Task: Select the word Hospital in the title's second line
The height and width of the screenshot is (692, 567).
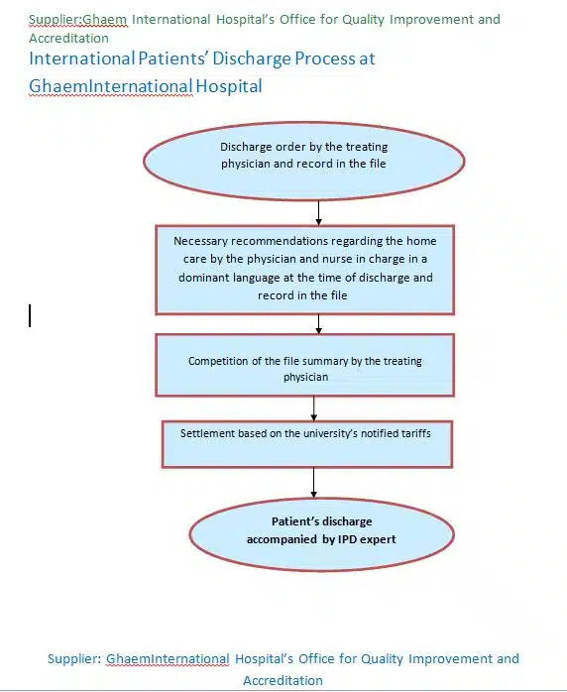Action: (x=229, y=86)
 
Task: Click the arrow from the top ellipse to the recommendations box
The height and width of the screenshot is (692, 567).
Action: (x=318, y=213)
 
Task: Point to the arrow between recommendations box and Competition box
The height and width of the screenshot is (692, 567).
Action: (x=318, y=324)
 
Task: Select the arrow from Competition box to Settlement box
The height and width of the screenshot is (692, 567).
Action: (x=313, y=408)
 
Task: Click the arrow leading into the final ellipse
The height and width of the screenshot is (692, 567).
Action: (x=313, y=483)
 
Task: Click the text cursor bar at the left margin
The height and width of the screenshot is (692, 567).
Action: (x=30, y=315)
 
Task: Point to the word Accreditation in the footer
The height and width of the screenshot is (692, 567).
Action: (x=283, y=680)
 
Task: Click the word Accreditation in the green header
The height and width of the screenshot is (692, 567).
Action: (x=68, y=39)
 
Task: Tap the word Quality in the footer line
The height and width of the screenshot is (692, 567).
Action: (x=382, y=659)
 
